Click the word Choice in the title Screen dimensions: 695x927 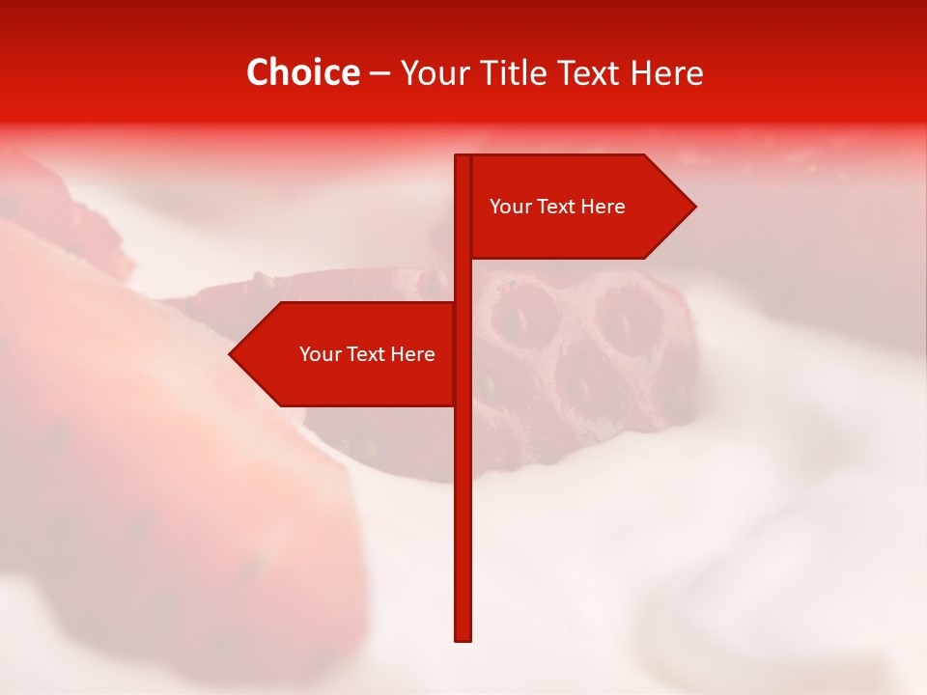302,73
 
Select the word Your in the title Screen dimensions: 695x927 435,73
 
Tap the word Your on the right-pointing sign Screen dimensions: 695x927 509,207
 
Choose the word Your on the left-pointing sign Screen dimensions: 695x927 319,354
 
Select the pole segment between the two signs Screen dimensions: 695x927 463,280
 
